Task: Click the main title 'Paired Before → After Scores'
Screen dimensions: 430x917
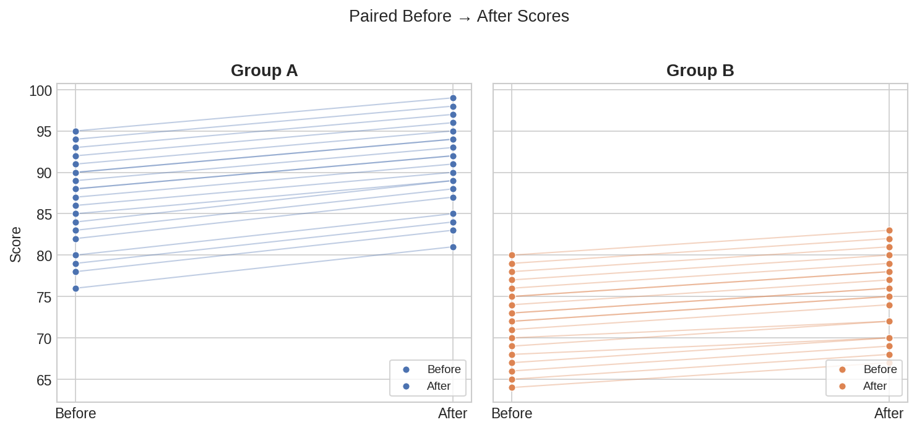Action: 458,16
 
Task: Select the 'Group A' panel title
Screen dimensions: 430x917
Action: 264,71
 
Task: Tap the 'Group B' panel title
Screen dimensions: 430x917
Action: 700,71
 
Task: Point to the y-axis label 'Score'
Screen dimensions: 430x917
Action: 15,244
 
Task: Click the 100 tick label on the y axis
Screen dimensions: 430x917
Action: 40,91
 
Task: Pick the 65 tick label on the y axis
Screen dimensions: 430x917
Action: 40,380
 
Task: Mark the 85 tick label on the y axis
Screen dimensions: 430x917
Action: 40,215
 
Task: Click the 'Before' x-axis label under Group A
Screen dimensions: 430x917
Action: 75,413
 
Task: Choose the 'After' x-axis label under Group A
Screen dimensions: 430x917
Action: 452,413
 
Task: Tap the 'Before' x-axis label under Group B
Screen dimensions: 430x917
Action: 512,413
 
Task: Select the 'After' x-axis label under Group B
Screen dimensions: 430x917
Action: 889,413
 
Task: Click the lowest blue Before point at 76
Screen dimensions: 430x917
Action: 75,288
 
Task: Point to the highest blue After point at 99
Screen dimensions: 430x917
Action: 453,98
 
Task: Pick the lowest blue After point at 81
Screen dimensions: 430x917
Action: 453,247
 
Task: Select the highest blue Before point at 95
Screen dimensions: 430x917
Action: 75,131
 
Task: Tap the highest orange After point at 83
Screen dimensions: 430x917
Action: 889,230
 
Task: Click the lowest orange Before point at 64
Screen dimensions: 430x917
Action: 512,387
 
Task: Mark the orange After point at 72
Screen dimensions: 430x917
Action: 889,321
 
